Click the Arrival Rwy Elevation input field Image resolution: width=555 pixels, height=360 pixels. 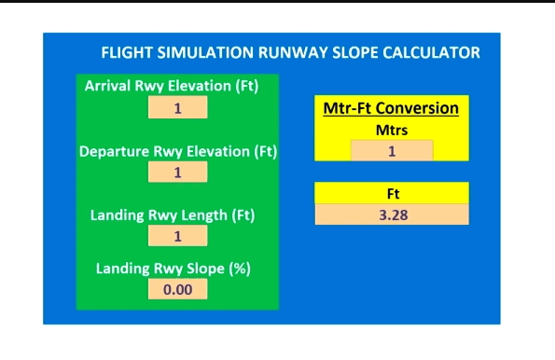[x=177, y=107]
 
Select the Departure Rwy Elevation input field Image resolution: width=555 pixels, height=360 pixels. [x=177, y=172]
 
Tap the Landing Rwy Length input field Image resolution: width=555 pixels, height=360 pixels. [x=177, y=237]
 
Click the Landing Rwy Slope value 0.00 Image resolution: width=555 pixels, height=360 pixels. [x=177, y=289]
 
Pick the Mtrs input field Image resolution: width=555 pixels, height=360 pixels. [x=392, y=151]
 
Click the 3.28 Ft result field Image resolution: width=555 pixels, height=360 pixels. [x=392, y=215]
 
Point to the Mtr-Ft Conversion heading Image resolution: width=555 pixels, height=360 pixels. [x=391, y=108]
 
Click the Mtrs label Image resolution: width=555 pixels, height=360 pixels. [x=392, y=131]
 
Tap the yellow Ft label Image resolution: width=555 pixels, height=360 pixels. [x=392, y=194]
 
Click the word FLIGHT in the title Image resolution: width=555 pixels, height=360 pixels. [x=123, y=52]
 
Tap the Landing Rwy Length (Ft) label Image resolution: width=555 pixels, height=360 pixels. [x=173, y=215]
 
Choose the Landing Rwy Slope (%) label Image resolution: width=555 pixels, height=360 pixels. [x=173, y=269]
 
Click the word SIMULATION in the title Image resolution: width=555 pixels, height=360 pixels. [x=195, y=52]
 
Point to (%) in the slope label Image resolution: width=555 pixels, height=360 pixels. [x=241, y=269]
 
